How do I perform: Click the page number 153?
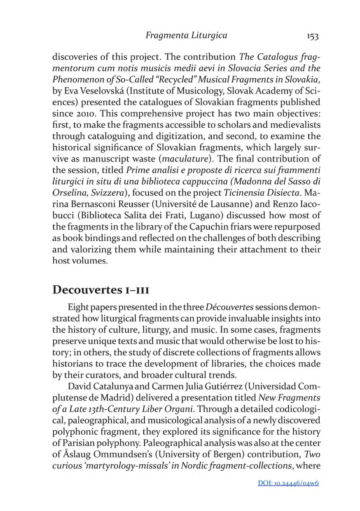313,36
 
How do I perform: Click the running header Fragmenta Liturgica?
186,36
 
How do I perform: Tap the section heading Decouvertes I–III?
100,289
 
